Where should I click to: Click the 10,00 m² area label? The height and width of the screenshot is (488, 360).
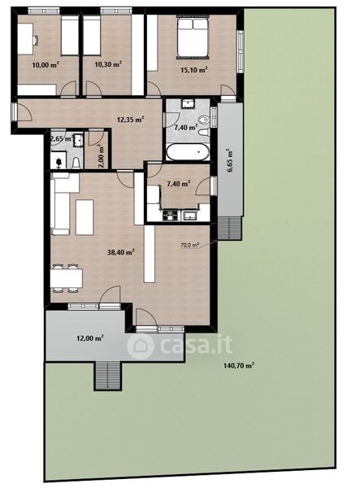click(46, 65)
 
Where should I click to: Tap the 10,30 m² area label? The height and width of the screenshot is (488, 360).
click(108, 64)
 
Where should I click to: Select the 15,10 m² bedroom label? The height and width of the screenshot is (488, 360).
click(194, 70)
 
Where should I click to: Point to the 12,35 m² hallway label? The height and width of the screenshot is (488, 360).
click(130, 120)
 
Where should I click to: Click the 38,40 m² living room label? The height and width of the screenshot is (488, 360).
click(120, 252)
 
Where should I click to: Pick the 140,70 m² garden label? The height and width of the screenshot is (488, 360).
click(239, 365)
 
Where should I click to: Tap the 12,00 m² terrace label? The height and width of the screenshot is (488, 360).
click(90, 338)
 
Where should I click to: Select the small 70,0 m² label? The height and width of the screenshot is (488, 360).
click(189, 246)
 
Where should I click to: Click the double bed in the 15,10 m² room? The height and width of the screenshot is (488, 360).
click(193, 38)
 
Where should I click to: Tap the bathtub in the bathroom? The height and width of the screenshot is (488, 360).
click(188, 152)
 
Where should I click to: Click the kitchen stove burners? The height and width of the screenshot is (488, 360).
click(170, 215)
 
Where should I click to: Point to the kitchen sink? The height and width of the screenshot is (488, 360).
click(190, 215)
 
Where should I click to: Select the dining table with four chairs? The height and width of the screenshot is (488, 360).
click(66, 278)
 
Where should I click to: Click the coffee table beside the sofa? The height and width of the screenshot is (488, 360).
click(85, 217)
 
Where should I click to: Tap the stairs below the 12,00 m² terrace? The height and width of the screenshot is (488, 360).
click(107, 376)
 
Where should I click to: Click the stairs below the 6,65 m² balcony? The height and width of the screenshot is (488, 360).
click(229, 228)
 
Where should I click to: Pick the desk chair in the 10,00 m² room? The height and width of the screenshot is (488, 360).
click(36, 41)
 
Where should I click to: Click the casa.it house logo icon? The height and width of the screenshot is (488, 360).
click(141, 346)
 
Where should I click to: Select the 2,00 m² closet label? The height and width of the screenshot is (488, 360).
click(101, 155)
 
